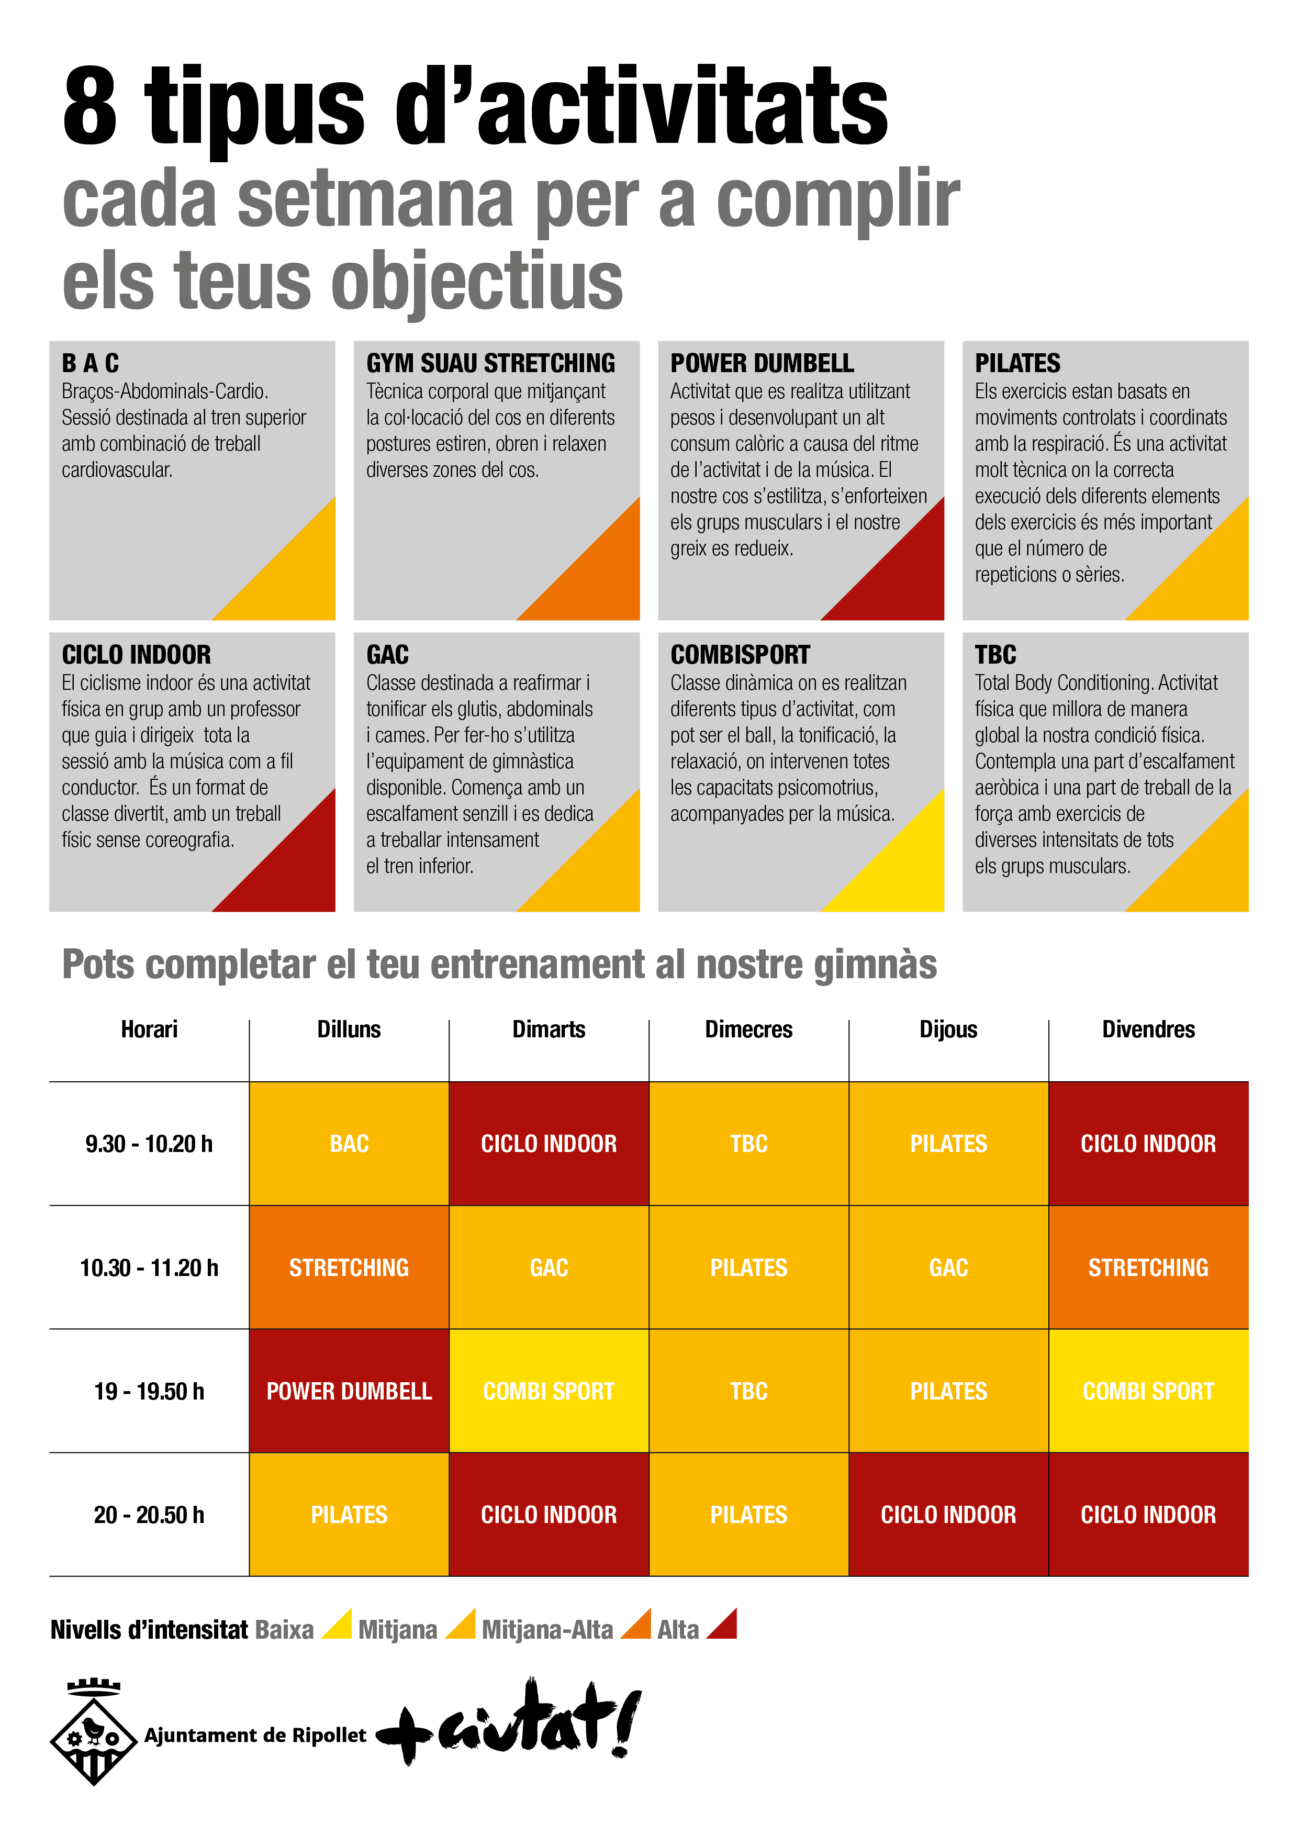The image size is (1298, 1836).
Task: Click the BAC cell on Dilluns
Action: [x=349, y=1144]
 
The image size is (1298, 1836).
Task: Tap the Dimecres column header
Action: [x=748, y=1029]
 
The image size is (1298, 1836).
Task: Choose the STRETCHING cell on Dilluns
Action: [x=349, y=1268]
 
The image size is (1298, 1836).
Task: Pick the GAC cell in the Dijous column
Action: [x=948, y=1268]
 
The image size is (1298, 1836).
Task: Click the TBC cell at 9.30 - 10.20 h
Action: [x=748, y=1144]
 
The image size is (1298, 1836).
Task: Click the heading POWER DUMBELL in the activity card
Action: [x=762, y=364]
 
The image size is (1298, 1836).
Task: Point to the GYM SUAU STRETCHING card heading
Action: [x=490, y=364]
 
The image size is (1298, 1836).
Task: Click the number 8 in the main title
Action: [x=91, y=106]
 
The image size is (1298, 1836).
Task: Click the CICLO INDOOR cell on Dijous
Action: [x=948, y=1515]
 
